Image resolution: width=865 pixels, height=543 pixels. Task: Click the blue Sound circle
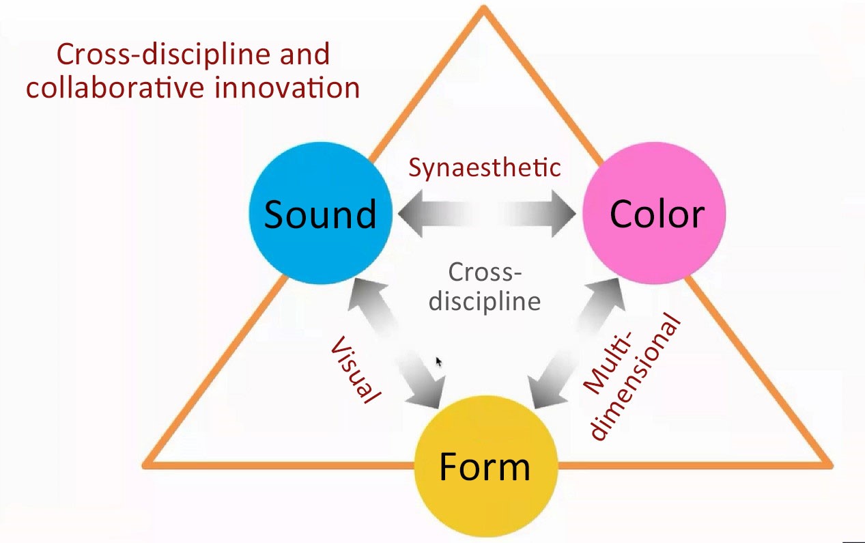pyautogui.click(x=320, y=213)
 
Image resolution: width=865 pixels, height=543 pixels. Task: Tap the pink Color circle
pyautogui.click(x=654, y=213)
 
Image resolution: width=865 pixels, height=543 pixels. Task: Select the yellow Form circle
pyautogui.click(x=486, y=466)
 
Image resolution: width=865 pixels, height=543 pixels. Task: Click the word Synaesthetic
pyautogui.click(x=485, y=168)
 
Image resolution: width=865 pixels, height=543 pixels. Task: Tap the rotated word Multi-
pyautogui.click(x=606, y=362)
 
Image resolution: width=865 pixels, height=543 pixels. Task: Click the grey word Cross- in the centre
pyautogui.click(x=485, y=273)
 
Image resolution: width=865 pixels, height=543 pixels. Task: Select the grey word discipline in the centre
pyautogui.click(x=485, y=302)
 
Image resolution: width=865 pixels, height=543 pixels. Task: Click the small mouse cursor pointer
pyautogui.click(x=439, y=362)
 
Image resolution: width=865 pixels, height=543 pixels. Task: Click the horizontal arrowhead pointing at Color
pyautogui.click(x=564, y=213)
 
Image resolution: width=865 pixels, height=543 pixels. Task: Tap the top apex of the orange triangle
pyautogui.click(x=483, y=6)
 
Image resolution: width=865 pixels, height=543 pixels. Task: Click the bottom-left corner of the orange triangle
pyautogui.click(x=143, y=466)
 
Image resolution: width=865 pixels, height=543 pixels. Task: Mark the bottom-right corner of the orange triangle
pyautogui.click(x=831, y=466)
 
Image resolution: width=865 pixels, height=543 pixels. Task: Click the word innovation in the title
pyautogui.click(x=287, y=87)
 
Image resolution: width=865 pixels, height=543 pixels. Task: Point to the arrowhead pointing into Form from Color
pyautogui.click(x=545, y=391)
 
